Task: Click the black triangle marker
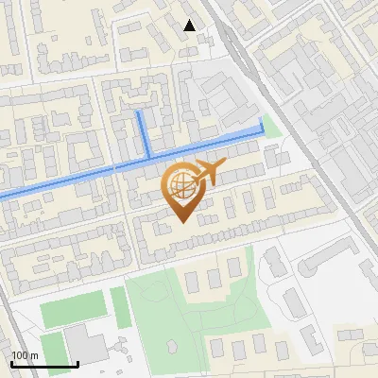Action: point(190,26)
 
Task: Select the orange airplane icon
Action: point(209,172)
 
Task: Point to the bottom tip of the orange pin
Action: point(180,224)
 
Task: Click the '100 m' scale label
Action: point(25,355)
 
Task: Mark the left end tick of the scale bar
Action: point(11,364)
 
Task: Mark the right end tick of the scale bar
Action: point(77,364)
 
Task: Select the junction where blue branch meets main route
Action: point(147,157)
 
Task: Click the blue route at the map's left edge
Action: point(3,195)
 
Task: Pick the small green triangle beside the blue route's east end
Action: point(272,127)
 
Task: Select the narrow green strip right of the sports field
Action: point(119,307)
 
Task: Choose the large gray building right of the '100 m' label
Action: point(87,347)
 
